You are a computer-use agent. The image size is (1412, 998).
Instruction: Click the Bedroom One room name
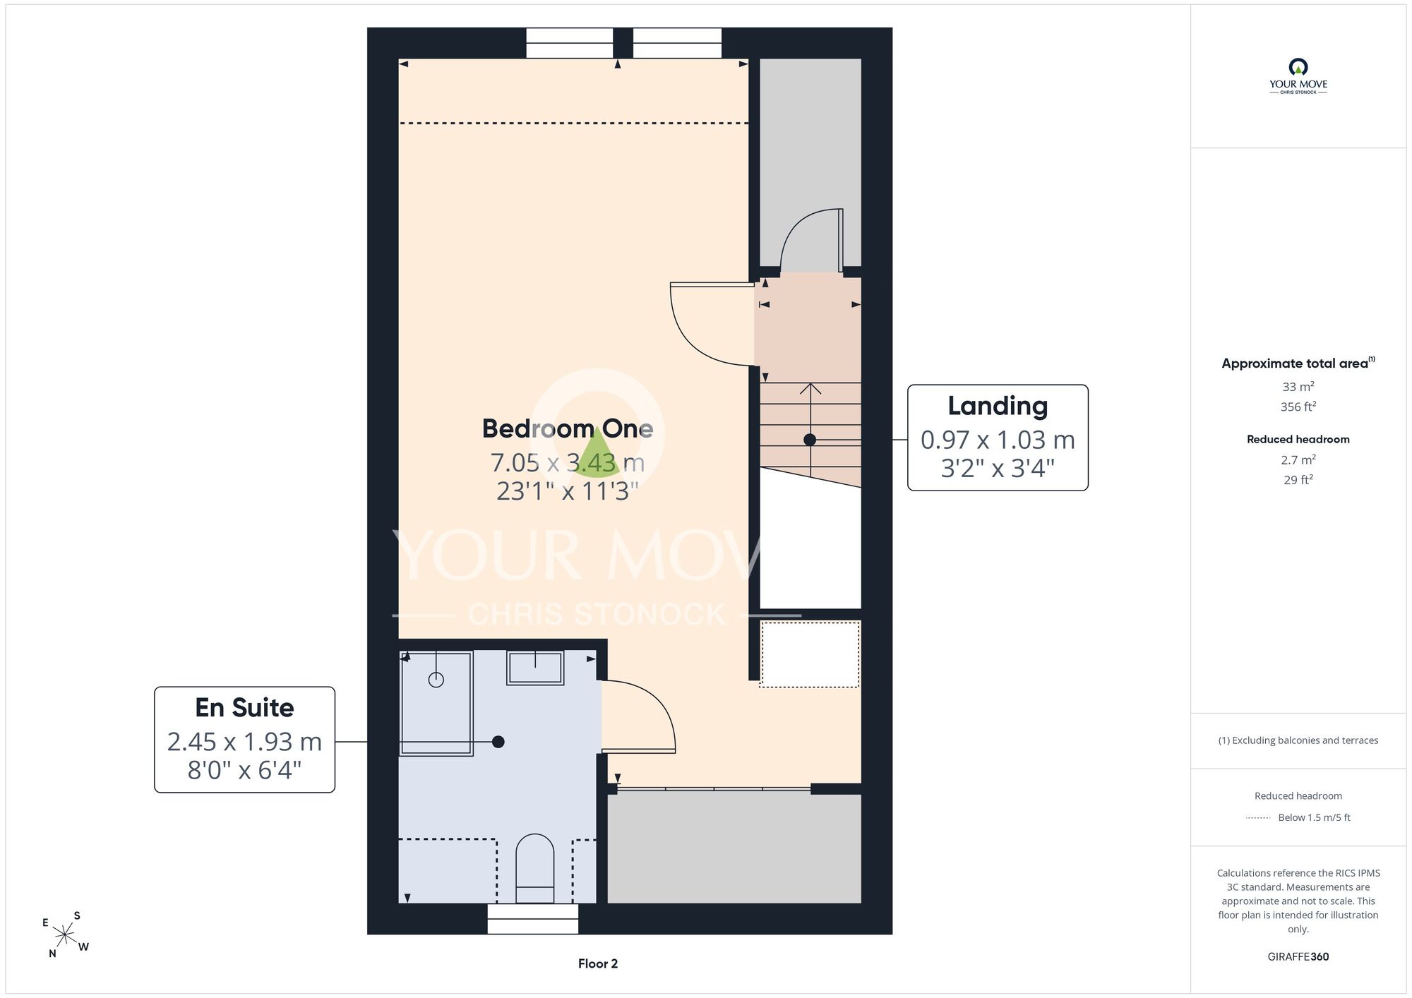coord(568,428)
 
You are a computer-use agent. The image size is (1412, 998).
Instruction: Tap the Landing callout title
coord(998,406)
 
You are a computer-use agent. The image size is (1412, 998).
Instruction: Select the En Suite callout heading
coord(244,707)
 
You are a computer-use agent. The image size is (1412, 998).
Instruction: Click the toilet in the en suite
coord(535,868)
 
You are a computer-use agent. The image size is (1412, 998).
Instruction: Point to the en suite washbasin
coord(535,668)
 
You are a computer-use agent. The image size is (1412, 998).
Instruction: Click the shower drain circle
coord(436,680)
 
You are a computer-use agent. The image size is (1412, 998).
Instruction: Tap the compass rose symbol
coord(65,935)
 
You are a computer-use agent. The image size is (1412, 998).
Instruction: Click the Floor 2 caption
coord(598,963)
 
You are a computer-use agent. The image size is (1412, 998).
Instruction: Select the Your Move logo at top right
coord(1298,76)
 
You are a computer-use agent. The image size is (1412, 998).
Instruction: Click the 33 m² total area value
coord(1298,387)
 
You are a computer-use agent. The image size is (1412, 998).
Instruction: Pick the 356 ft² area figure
coord(1298,407)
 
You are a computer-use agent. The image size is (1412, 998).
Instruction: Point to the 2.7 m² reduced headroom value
coord(1298,459)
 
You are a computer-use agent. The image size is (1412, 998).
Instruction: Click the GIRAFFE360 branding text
coord(1298,957)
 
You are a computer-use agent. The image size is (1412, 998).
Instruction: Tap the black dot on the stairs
coord(810,440)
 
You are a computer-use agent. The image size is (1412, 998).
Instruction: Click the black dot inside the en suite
coord(498,742)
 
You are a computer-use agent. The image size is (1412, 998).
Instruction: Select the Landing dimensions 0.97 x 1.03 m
coord(998,440)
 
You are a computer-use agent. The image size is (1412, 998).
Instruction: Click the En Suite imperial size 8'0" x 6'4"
coord(244,770)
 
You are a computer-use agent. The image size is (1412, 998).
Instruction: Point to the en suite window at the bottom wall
coord(533,919)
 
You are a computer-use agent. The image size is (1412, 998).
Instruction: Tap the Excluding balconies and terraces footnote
coord(1298,740)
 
